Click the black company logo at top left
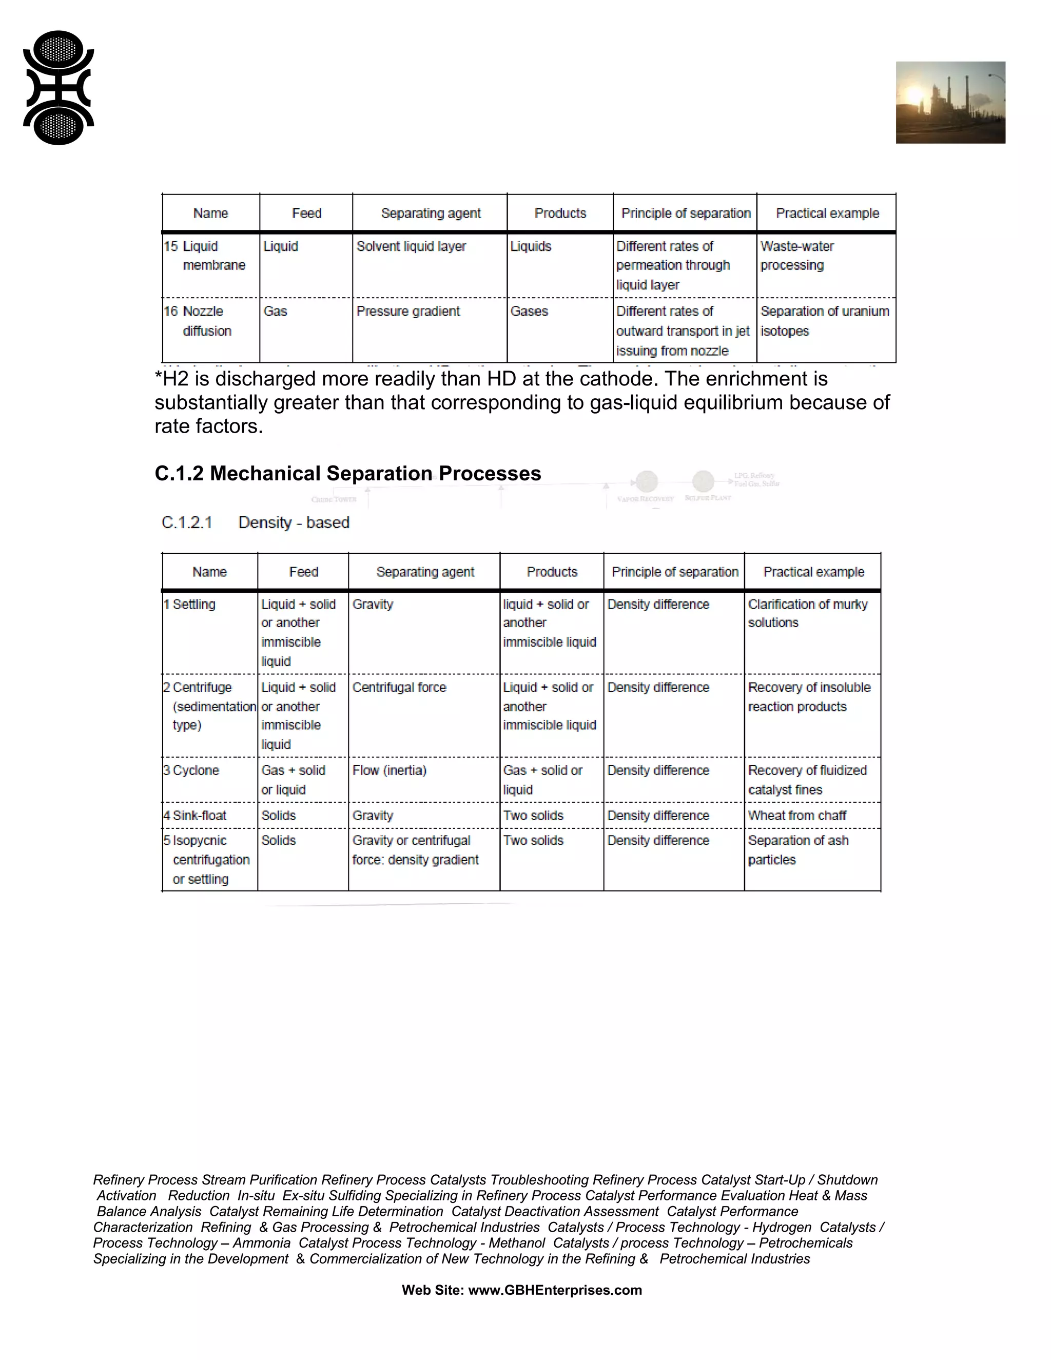tap(59, 88)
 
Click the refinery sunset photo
tap(950, 103)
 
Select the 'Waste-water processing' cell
tap(797, 256)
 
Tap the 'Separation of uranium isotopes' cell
tap(824, 321)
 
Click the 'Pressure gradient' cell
tap(408, 312)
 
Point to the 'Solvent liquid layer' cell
tap(411, 246)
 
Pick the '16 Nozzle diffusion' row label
tap(198, 321)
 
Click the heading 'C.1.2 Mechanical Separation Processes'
tap(347, 473)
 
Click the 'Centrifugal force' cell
tap(399, 688)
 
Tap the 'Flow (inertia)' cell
tap(389, 770)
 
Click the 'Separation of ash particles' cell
tap(797, 850)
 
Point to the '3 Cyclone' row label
tap(192, 770)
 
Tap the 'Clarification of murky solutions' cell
tap(808, 613)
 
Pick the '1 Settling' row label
tap(190, 604)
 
